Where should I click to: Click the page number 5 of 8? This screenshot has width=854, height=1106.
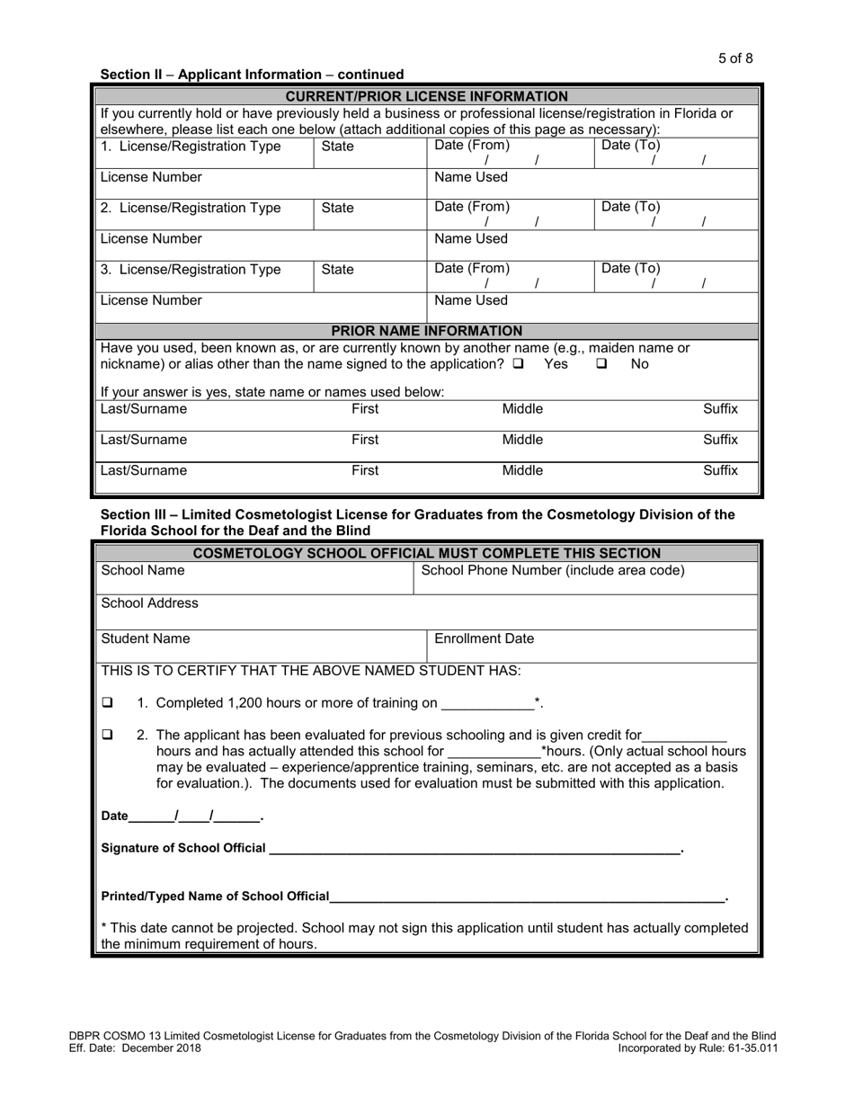pyautogui.click(x=735, y=58)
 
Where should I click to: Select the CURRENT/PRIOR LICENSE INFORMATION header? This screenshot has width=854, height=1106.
pyautogui.click(x=426, y=96)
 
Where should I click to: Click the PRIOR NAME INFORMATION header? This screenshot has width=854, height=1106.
pyautogui.click(x=426, y=331)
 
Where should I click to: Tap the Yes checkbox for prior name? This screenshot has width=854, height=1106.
pyautogui.click(x=519, y=364)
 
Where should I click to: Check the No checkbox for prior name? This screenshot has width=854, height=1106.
pyautogui.click(x=602, y=364)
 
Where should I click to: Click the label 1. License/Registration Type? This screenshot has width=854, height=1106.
pyautogui.click(x=191, y=146)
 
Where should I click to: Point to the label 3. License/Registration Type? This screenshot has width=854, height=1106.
pyautogui.click(x=191, y=269)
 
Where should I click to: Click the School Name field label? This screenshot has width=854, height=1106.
pyautogui.click(x=143, y=570)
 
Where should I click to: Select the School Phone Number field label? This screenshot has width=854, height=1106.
pyautogui.click(x=553, y=570)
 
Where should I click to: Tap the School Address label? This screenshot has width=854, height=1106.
pyautogui.click(x=150, y=602)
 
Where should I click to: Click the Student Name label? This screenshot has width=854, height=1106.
pyautogui.click(x=146, y=638)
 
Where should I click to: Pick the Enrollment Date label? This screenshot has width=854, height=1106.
pyautogui.click(x=484, y=638)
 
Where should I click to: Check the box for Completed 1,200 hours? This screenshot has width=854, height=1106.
pyautogui.click(x=108, y=702)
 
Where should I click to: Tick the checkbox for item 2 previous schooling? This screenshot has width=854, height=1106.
pyautogui.click(x=108, y=735)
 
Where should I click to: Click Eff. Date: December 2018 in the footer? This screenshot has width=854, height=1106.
pyautogui.click(x=135, y=1048)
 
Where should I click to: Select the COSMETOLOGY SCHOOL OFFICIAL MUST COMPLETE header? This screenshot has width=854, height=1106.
pyautogui.click(x=426, y=553)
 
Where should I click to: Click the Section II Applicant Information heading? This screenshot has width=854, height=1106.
pyautogui.click(x=252, y=75)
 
